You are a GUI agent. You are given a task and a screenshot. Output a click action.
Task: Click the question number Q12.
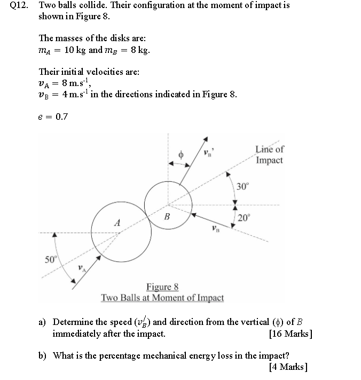20,6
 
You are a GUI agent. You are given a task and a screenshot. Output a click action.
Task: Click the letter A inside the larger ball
117,222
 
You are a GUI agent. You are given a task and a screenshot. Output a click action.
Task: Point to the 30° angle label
243,187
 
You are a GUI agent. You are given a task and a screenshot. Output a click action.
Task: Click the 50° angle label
50,259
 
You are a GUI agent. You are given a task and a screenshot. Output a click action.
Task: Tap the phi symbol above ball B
181,154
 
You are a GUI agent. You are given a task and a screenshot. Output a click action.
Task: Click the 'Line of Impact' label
270,155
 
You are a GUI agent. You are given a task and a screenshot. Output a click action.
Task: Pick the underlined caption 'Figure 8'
162,287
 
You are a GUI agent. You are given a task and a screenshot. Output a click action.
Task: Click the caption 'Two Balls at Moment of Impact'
162,298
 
